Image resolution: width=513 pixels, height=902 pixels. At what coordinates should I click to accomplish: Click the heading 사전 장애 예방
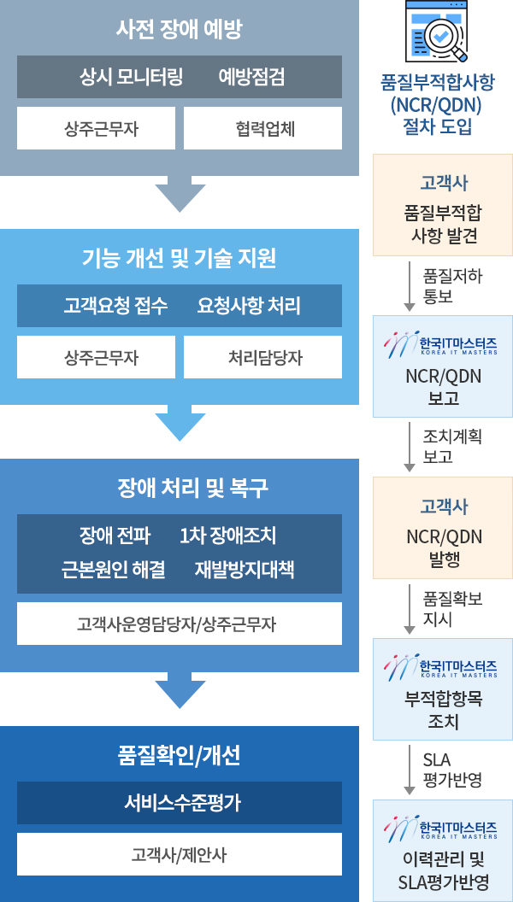[x=179, y=30]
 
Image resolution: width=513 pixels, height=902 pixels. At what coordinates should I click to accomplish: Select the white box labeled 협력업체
[x=262, y=128]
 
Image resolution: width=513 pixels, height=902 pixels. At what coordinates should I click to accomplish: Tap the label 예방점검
[x=251, y=77]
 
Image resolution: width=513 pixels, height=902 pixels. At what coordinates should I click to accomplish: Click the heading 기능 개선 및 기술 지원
[x=179, y=259]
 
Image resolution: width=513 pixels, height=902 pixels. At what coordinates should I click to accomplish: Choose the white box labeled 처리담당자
[x=262, y=357]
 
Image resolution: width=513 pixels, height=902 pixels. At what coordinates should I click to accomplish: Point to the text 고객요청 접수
[x=115, y=306]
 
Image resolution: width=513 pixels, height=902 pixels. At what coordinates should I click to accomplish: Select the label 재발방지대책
[x=245, y=570]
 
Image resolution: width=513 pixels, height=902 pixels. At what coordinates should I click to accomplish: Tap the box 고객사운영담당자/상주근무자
[x=179, y=624]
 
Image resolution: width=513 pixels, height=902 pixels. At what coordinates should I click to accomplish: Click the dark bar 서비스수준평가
[x=179, y=802]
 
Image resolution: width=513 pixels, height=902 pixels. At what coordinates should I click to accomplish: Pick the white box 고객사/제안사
[x=179, y=854]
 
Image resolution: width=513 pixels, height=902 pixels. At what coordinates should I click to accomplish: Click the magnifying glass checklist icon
[x=437, y=32]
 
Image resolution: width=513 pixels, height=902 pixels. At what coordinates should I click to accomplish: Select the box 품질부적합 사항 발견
[x=443, y=205]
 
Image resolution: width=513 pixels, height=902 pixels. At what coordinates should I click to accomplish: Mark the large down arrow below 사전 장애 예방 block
[x=180, y=194]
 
